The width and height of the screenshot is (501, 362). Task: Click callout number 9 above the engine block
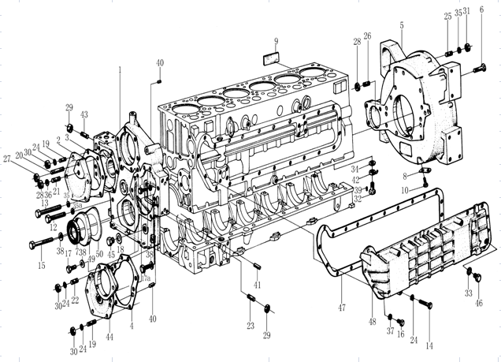(276, 40)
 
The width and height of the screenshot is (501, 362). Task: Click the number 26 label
(366, 37)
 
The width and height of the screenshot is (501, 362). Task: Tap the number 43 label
(84, 115)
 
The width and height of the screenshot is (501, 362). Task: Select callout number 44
(109, 337)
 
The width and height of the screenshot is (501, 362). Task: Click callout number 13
(45, 203)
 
